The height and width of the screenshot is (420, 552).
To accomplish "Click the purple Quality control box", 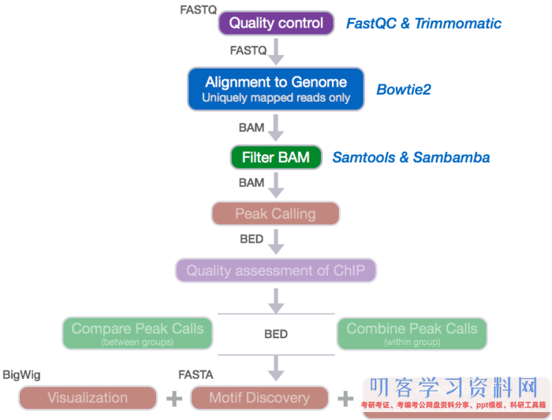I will click(x=276, y=23).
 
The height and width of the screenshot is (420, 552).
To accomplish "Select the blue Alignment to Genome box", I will click(x=276, y=88).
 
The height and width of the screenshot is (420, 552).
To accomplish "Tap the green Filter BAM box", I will click(x=276, y=158).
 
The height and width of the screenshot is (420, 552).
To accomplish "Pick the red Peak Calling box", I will click(x=275, y=214).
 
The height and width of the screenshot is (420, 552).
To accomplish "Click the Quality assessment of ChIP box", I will click(x=276, y=271).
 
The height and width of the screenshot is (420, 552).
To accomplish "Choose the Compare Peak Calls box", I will click(x=137, y=333).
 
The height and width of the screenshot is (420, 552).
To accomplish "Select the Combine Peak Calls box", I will click(x=412, y=333).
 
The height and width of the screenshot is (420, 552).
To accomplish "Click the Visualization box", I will click(x=88, y=398).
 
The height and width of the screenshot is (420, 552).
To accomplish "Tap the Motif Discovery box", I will click(x=259, y=398).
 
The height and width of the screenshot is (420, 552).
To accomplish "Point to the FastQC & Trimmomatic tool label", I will click(x=423, y=24).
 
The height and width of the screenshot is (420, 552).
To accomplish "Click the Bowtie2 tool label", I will click(x=403, y=89).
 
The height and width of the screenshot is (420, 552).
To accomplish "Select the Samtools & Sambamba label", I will click(x=411, y=158).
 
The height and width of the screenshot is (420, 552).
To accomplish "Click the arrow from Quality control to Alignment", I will click(x=276, y=53).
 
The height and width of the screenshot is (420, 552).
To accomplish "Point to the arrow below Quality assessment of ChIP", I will click(x=276, y=299).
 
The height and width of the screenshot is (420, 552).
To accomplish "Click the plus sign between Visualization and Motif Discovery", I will click(x=174, y=399).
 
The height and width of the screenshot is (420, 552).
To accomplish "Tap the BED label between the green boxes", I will click(x=276, y=334).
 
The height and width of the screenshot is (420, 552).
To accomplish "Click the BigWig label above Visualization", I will click(x=21, y=374).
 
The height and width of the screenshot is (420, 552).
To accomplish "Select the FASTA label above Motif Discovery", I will click(x=196, y=374).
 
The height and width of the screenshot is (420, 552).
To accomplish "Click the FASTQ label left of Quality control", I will click(x=197, y=10).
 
